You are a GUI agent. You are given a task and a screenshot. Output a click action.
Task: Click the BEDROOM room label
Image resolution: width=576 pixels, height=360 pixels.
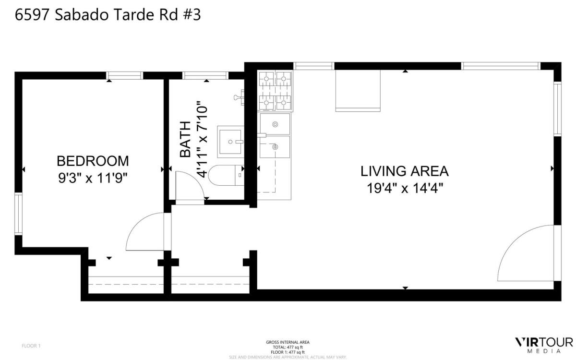pos(93,160)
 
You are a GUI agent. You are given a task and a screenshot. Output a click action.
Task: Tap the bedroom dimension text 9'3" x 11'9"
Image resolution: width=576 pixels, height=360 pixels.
pos(93,178)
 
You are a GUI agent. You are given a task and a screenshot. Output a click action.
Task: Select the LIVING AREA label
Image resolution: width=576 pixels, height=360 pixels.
pos(404,171)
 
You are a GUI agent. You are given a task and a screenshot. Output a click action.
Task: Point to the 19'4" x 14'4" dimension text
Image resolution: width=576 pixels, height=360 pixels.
pos(404,188)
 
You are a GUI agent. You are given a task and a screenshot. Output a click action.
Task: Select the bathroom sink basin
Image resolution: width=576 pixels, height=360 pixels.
pos(231,142)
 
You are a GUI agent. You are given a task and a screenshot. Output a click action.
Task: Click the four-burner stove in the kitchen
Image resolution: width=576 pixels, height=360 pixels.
pos(276,90)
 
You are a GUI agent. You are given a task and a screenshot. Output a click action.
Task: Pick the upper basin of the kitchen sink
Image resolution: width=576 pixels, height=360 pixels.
pos(275,124)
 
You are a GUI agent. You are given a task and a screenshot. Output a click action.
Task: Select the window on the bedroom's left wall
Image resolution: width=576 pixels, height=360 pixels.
pos(18,214)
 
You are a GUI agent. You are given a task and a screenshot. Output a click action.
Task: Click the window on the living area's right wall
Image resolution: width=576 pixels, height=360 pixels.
pos(557,109)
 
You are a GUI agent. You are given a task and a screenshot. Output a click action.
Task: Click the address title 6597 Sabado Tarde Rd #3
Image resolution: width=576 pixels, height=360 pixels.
pos(108,15)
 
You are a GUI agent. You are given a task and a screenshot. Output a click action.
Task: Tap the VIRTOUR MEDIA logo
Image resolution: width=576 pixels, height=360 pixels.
pos(543,345)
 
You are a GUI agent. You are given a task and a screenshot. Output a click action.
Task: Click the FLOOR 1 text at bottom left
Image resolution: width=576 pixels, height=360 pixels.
pos(32,346)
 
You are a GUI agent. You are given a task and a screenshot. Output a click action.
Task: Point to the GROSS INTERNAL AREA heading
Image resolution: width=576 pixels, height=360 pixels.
pos(288,342)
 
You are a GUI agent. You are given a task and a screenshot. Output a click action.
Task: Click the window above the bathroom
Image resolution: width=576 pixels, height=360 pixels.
pos(205,75)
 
